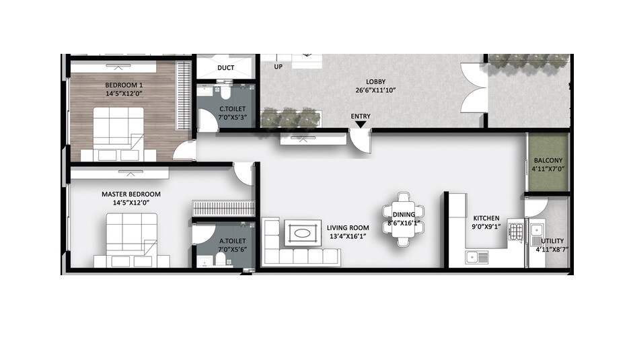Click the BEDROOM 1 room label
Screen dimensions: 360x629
(124, 85)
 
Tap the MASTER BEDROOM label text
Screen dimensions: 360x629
(131, 194)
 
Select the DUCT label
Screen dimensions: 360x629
(225, 68)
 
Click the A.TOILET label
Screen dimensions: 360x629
(232, 240)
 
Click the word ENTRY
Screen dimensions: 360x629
(361, 116)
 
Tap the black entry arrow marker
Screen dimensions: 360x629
(361, 124)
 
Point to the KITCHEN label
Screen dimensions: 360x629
(486, 218)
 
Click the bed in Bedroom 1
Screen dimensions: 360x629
(117, 131)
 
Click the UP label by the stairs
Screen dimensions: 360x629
(278, 67)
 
